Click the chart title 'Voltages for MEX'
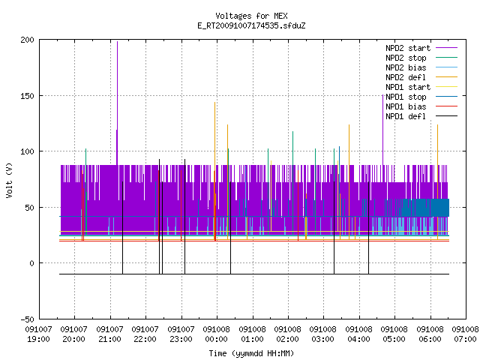tap(251, 16)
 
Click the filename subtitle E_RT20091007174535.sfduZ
tap(251, 25)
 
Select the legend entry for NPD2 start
tap(421, 48)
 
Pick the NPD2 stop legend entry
tap(421, 58)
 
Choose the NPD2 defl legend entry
tap(421, 77)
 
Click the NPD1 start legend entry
tap(421, 87)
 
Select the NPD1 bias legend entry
tap(421, 106)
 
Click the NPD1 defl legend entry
tap(421, 117)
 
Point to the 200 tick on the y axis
tap(28, 40)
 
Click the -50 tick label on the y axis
tap(28, 319)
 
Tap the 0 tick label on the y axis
tap(31, 263)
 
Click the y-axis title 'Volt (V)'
tap(10, 180)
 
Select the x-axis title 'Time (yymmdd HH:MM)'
tap(251, 353)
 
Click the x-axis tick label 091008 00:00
tap(217, 334)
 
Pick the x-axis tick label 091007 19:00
tap(38, 334)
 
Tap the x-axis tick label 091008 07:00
tap(465, 334)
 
